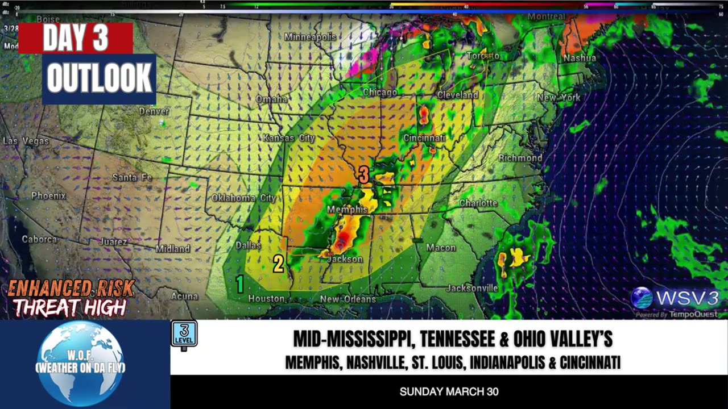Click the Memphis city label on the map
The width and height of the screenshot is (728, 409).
[x=348, y=210]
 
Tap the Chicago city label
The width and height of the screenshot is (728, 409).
[x=380, y=93]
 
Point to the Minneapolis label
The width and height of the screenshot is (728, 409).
[x=309, y=37]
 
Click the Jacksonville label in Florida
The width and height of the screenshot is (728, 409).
[x=471, y=288]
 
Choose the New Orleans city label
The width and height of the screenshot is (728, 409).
[x=348, y=299]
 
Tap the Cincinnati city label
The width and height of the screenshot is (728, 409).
[x=424, y=138]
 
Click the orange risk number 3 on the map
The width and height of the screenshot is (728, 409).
[x=363, y=174]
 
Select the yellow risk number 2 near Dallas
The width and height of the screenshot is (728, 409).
[x=278, y=264]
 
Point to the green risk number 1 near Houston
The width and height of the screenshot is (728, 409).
[x=240, y=283]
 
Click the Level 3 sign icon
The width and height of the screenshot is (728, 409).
[x=184, y=335]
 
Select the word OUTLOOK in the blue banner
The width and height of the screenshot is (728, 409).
[x=100, y=78]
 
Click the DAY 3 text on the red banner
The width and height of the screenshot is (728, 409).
[x=76, y=38]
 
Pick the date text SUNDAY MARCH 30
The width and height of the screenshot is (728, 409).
[x=449, y=392]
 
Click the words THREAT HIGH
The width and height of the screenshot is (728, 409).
[x=69, y=308]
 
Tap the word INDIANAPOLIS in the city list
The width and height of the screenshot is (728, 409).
[x=499, y=362]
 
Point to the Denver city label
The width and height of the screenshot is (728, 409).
[x=154, y=111]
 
